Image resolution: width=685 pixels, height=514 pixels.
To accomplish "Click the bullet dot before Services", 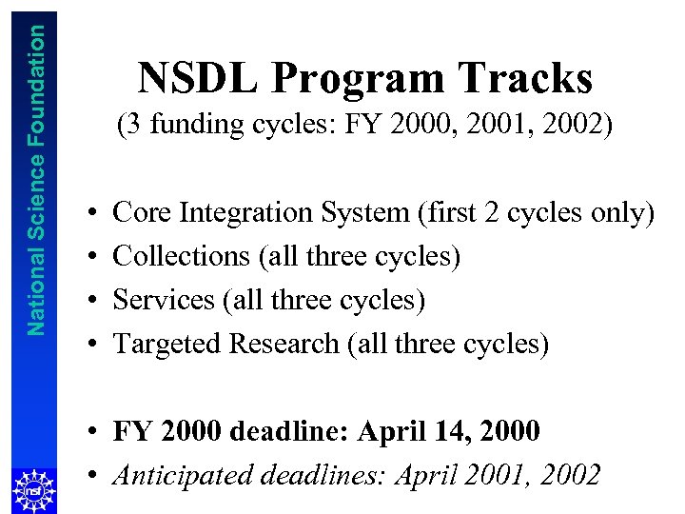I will click(x=87, y=300).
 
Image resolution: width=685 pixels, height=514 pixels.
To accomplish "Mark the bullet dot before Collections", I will click(x=87, y=256).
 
